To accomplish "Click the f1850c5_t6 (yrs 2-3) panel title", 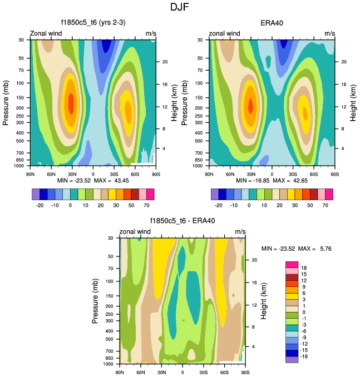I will (92, 23).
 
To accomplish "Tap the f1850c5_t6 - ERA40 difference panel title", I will (182, 221).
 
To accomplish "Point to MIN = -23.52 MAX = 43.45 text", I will (93, 181).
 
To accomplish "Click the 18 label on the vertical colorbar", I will (303, 267).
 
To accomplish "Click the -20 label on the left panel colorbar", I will (40, 205).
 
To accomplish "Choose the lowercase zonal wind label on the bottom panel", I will (135, 231).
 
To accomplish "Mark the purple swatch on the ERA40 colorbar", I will (215, 194).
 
